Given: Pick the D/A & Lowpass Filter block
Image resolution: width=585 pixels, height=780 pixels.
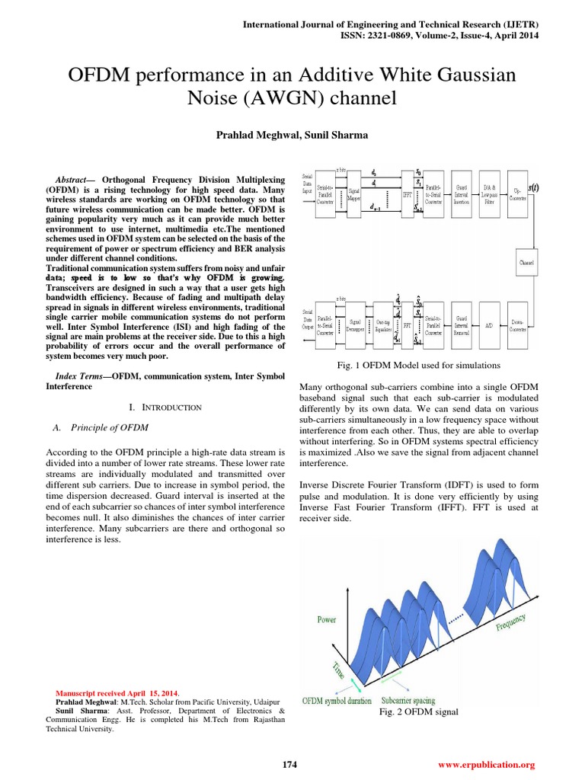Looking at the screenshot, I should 494,197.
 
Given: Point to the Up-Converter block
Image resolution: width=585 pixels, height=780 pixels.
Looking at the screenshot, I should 526,197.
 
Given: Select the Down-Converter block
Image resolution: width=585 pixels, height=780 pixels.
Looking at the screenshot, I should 526,325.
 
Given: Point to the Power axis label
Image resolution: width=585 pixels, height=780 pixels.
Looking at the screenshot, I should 327,619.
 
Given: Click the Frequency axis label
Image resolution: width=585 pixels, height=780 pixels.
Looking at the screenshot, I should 511,624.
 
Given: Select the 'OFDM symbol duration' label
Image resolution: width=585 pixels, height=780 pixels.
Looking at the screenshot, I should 337,701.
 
